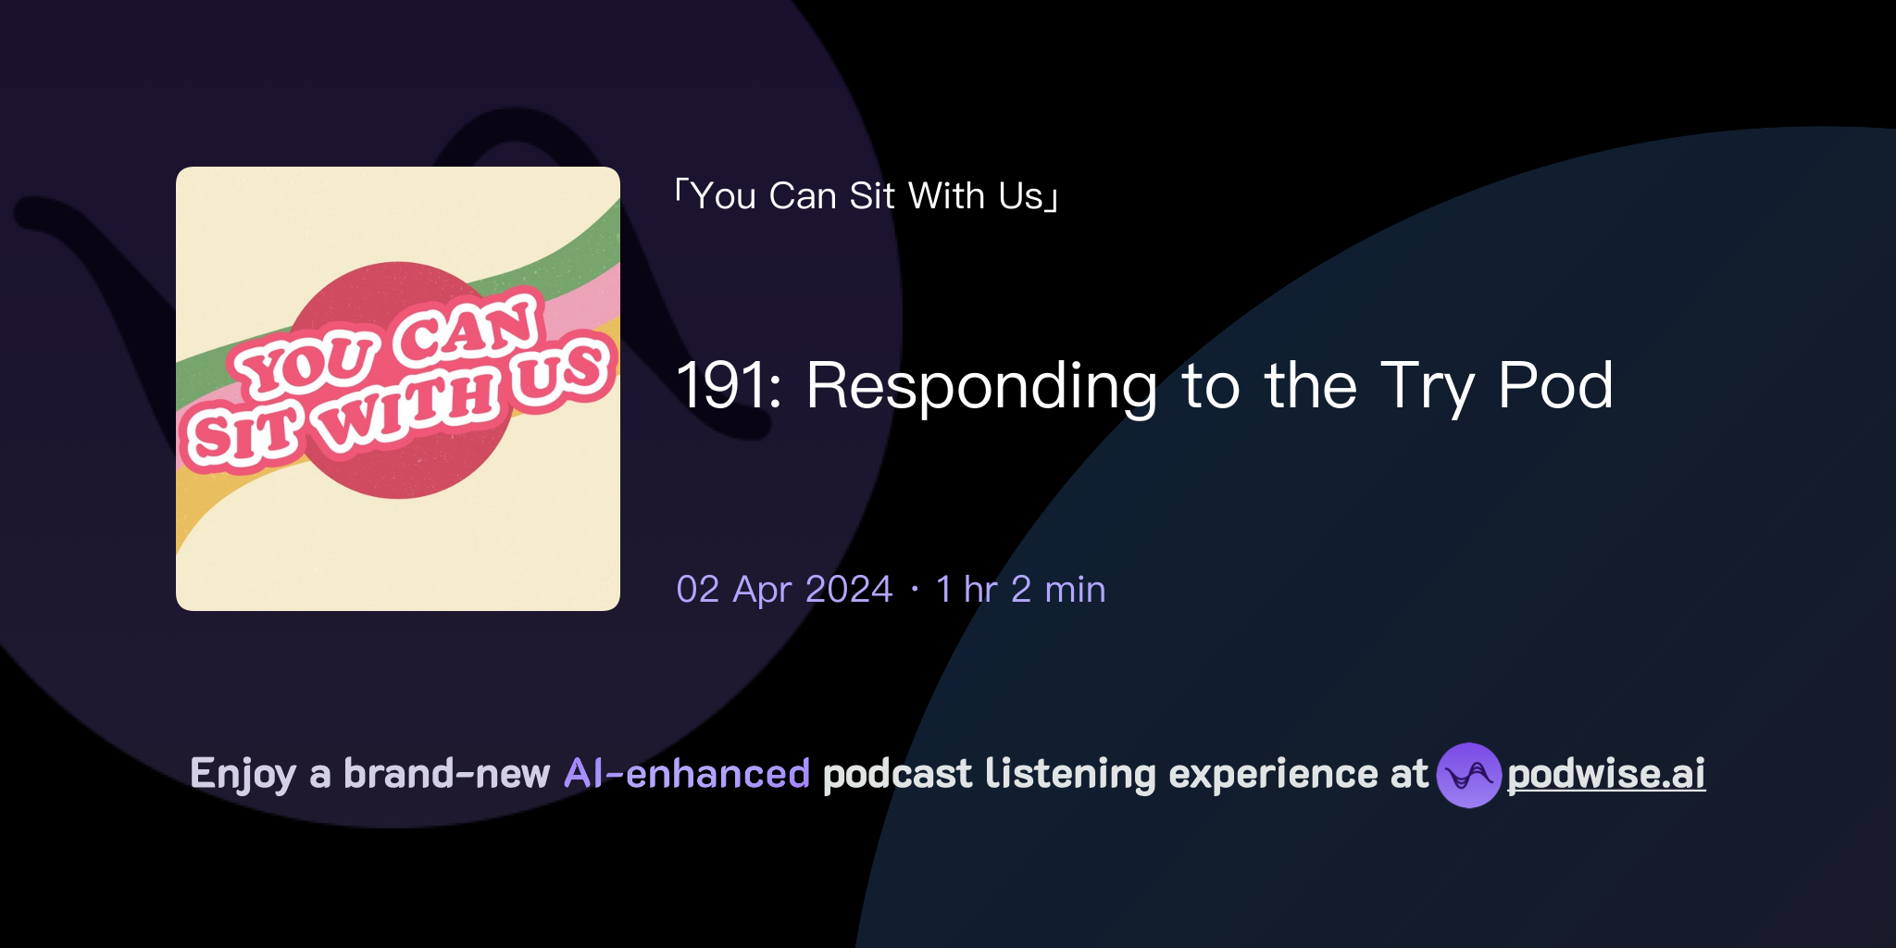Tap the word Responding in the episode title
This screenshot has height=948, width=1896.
[981, 386]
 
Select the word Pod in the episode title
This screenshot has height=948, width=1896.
[1555, 386]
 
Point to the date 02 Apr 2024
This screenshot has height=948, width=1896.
[784, 590]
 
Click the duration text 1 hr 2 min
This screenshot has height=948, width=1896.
[1020, 590]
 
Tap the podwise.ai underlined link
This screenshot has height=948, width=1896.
[1606, 774]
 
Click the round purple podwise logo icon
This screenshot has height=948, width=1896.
[1468, 775]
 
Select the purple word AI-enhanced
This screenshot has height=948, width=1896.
[687, 774]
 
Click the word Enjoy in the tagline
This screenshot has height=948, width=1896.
[243, 774]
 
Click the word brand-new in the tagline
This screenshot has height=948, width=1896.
[446, 774]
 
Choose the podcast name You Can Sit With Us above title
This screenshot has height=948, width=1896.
[867, 196]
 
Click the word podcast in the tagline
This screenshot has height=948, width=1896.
[897, 774]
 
